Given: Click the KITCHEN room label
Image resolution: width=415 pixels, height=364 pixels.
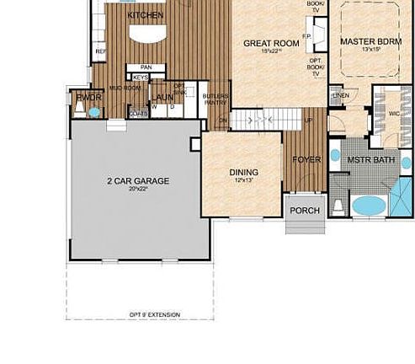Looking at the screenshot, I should click(145, 15).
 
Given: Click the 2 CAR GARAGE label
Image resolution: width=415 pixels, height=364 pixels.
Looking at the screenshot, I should click(139, 181).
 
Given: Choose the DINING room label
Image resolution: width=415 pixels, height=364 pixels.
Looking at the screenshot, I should click(244, 173).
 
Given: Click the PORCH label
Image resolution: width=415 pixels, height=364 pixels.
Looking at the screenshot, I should click(305, 211).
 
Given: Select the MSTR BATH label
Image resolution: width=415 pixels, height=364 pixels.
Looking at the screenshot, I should click(370, 160).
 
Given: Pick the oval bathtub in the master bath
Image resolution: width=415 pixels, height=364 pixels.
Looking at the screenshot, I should click(367, 205).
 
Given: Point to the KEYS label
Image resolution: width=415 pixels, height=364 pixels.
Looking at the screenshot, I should click(140, 78).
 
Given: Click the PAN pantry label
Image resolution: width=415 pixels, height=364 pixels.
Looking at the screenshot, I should click(146, 67).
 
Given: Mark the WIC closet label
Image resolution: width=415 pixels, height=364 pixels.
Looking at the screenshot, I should click(392, 114).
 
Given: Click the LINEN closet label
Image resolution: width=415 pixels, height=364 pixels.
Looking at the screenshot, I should click(340, 95).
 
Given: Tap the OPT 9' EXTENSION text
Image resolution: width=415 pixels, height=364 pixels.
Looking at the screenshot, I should click(154, 314).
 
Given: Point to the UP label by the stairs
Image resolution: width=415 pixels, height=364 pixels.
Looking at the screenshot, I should click(309, 120).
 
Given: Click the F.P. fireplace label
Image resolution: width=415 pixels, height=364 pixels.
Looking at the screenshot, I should click(308, 37).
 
